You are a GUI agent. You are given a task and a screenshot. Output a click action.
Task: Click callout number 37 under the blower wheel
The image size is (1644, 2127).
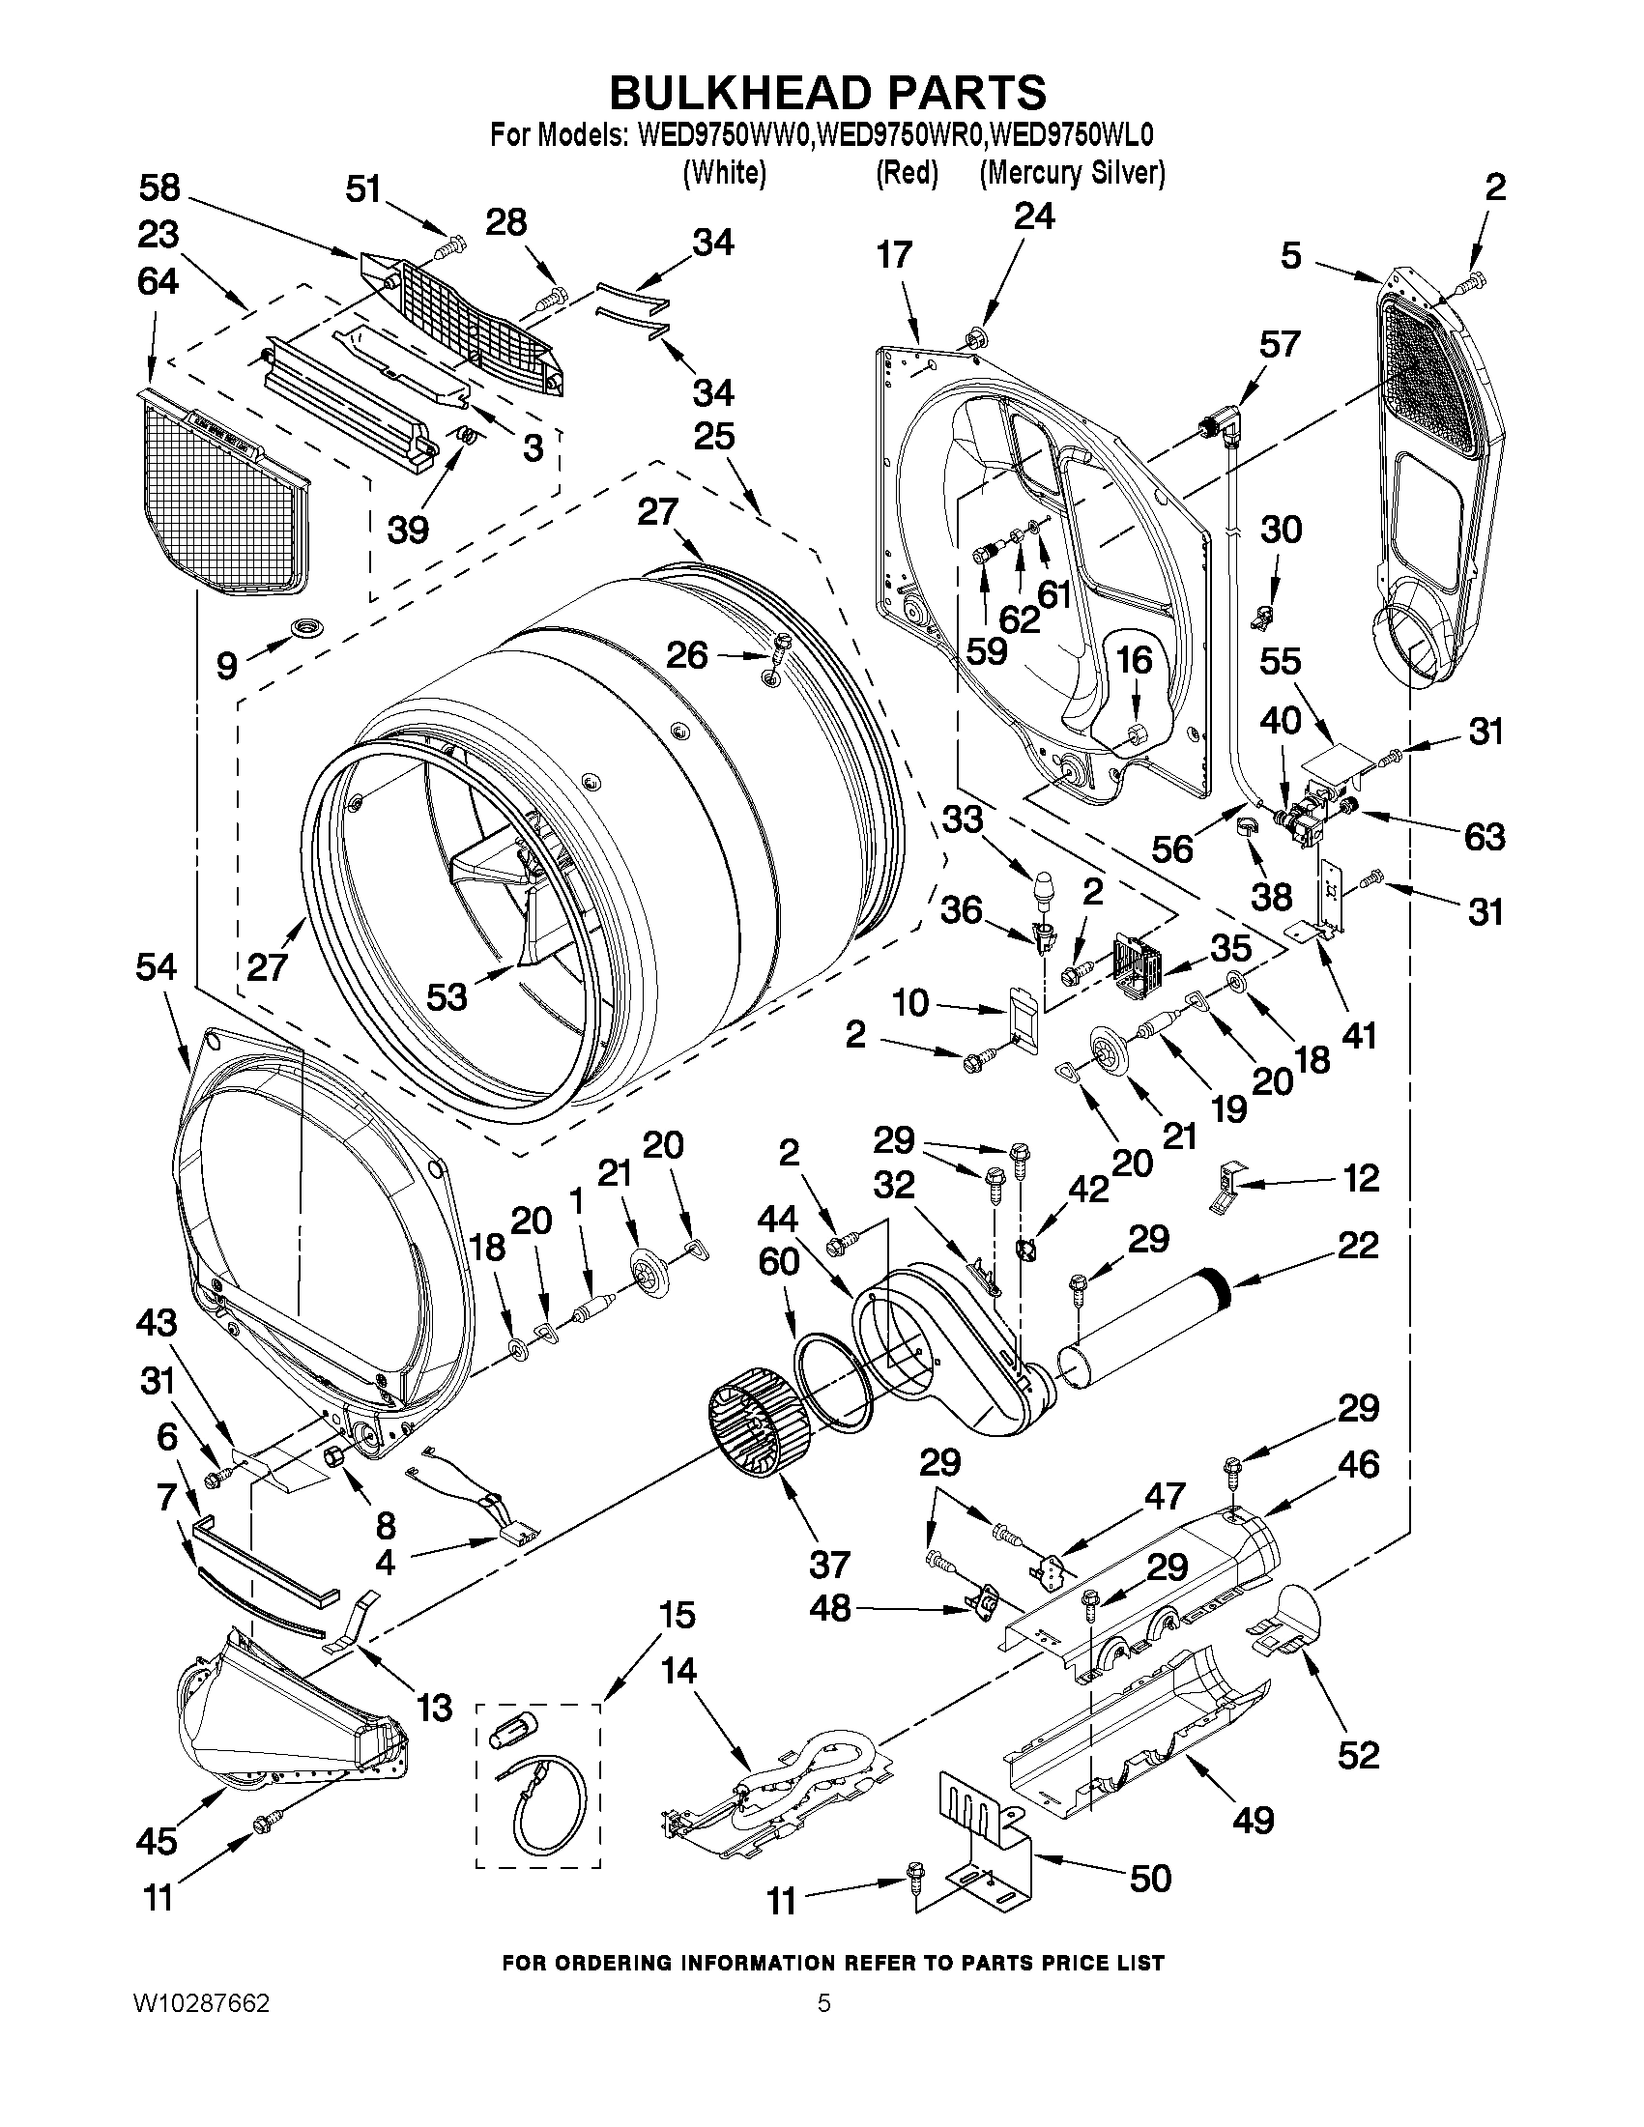pyautogui.click(x=829, y=1566)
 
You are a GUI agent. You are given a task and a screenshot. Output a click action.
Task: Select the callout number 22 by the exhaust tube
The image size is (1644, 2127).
pyautogui.click(x=1359, y=1245)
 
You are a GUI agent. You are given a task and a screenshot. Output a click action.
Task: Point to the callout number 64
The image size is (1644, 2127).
pyautogui.click(x=158, y=281)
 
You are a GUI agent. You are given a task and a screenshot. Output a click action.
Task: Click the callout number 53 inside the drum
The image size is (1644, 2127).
pyautogui.click(x=448, y=996)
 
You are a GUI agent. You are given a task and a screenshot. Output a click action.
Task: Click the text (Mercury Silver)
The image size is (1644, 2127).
pyautogui.click(x=1072, y=172)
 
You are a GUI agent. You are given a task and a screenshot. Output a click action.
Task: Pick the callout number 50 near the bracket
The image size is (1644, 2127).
pyautogui.click(x=1150, y=1879)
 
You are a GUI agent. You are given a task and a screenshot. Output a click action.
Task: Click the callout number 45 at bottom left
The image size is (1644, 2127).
pyautogui.click(x=158, y=1840)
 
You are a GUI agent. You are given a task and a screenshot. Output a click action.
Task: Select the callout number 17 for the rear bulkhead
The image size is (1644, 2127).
pyautogui.click(x=894, y=254)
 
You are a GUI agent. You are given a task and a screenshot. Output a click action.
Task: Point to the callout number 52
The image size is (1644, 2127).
pyautogui.click(x=1360, y=1755)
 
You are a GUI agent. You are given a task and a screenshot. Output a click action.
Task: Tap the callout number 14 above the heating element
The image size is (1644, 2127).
pyautogui.click(x=678, y=1670)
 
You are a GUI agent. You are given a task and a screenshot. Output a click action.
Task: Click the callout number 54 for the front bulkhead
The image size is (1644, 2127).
pyautogui.click(x=157, y=967)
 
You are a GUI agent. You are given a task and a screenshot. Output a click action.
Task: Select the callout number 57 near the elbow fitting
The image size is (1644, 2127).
pyautogui.click(x=1280, y=344)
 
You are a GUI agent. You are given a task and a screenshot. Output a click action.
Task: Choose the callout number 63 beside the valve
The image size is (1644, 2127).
pyautogui.click(x=1485, y=836)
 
